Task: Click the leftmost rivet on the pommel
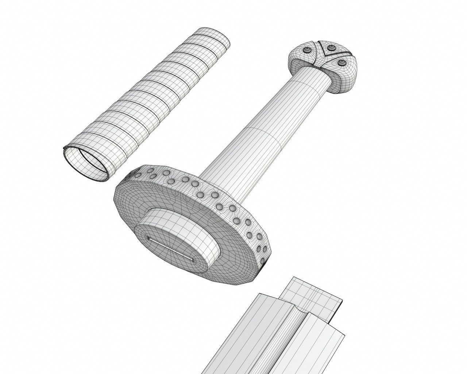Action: pos(307,50)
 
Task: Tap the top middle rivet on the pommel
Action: pos(332,48)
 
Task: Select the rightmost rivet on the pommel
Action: pos(341,63)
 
